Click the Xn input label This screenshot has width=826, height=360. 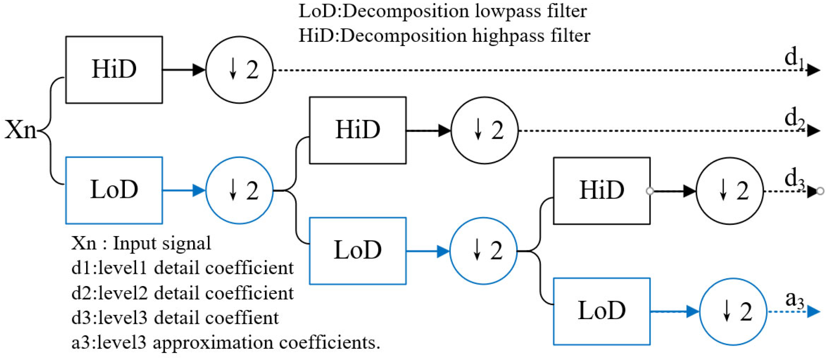(x=20, y=130)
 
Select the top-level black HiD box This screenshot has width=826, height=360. (x=114, y=70)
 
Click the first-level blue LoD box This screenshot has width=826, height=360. (x=114, y=190)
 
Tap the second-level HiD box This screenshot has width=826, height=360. (x=358, y=130)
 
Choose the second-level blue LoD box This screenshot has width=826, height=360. (x=358, y=250)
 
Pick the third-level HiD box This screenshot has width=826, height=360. (x=602, y=190)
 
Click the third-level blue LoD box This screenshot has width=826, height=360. (x=602, y=311)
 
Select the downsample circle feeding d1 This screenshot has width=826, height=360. (x=239, y=70)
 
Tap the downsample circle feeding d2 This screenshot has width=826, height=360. (x=485, y=130)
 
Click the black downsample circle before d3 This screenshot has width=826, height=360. (x=729, y=190)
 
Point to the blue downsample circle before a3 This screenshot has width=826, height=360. (x=733, y=311)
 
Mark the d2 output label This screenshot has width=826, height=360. (x=794, y=118)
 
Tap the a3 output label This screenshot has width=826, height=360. (x=794, y=299)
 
